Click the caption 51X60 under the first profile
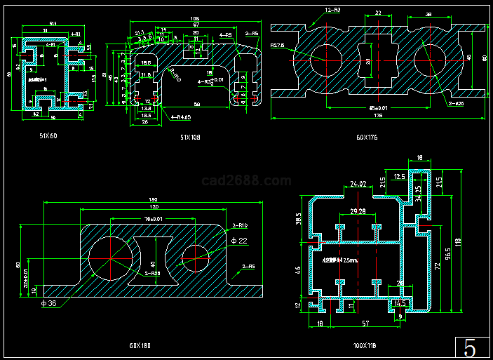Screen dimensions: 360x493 (x=48, y=135)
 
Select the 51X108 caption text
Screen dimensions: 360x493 (x=190, y=138)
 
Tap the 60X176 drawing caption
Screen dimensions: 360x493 (x=367, y=138)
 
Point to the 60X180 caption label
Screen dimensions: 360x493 (x=140, y=345)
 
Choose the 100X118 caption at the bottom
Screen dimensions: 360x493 (x=365, y=345)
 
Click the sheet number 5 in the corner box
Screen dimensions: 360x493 (x=470, y=348)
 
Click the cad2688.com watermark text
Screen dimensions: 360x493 (x=246, y=181)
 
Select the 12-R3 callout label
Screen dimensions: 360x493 (x=333, y=11)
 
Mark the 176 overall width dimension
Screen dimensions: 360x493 (x=377, y=115)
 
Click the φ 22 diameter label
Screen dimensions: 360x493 (x=238, y=241)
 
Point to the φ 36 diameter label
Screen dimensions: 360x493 (x=48, y=302)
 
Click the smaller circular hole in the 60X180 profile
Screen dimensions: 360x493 (x=196, y=257)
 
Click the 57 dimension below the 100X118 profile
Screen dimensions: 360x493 (x=365, y=324)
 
